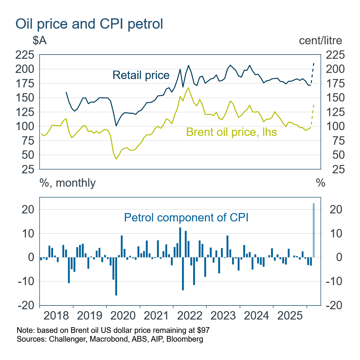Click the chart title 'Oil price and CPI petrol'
(x=89, y=24)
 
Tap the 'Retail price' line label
(x=141, y=75)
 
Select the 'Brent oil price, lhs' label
(x=231, y=132)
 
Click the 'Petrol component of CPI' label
(x=186, y=218)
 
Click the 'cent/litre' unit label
(x=320, y=40)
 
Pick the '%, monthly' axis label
(x=68, y=183)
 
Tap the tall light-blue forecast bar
(x=314, y=230)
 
